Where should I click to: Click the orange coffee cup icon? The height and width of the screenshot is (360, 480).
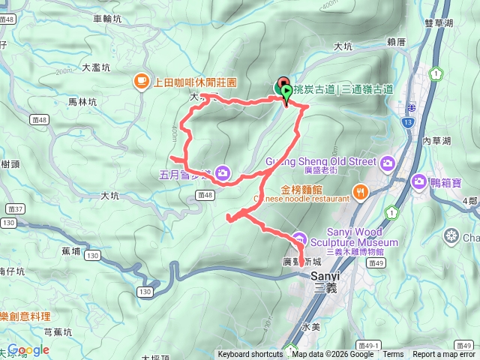click(141, 81)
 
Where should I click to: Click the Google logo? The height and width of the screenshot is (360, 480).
click(28, 349)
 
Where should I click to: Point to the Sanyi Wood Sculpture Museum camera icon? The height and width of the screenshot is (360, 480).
click(299, 238)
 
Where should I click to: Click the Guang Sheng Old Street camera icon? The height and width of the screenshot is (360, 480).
click(388, 162)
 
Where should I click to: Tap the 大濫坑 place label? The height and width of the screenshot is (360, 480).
click(96, 67)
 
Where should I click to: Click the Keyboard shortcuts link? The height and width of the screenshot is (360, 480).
click(250, 355)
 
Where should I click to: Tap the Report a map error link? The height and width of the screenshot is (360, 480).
click(443, 355)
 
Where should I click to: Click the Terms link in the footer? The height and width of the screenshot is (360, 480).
click(393, 355)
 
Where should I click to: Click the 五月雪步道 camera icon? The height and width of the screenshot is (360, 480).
click(222, 174)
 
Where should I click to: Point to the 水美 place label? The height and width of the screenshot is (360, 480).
click(310, 327)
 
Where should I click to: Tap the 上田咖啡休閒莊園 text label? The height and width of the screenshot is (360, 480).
click(195, 82)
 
